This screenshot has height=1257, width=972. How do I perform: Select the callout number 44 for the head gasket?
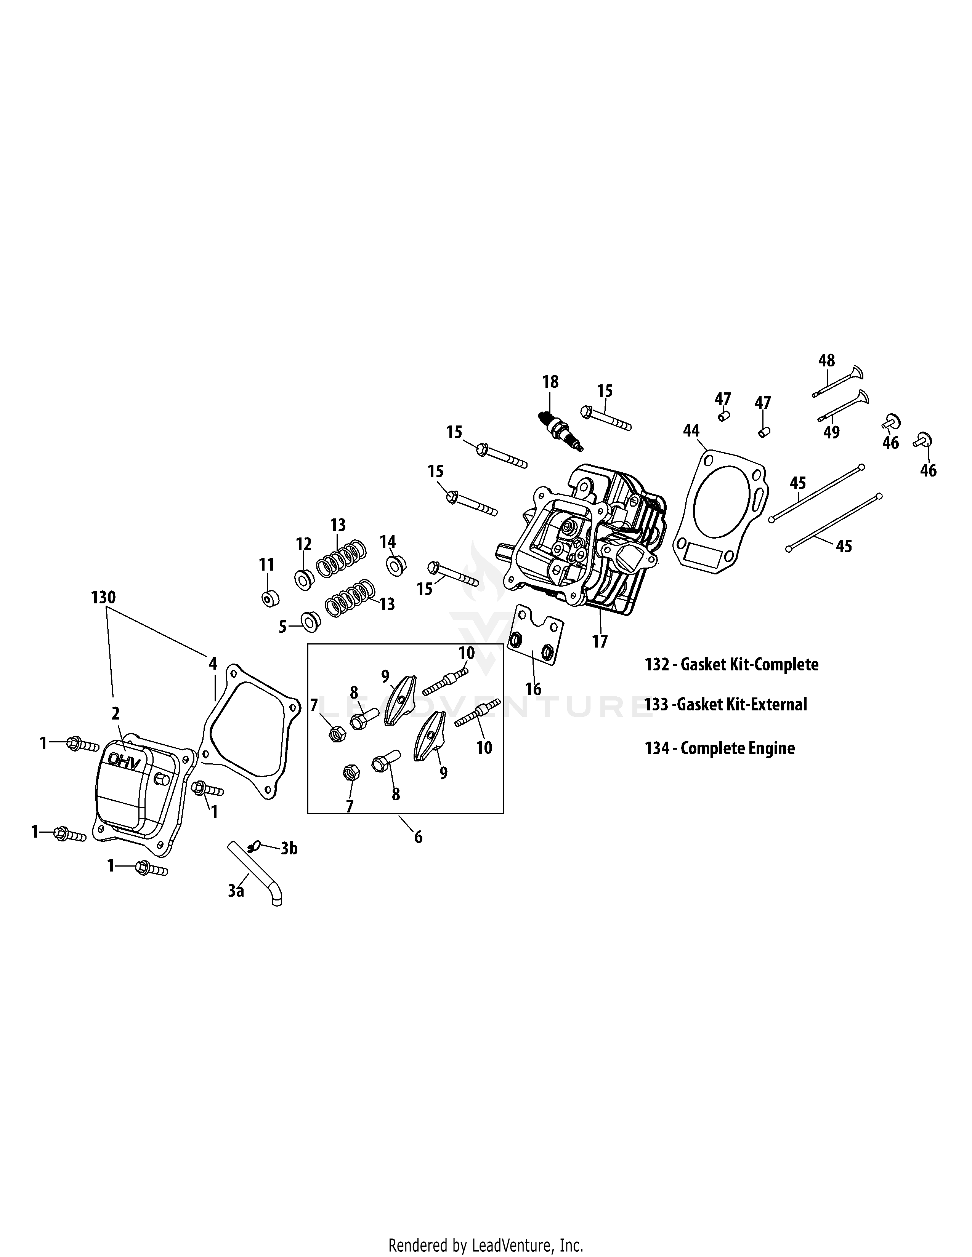pyautogui.click(x=691, y=430)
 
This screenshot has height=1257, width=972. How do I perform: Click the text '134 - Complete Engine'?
pyautogui.click(x=720, y=748)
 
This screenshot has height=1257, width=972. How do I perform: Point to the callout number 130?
pyautogui.click(x=104, y=597)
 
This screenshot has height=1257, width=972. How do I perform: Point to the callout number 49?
pyautogui.click(x=831, y=432)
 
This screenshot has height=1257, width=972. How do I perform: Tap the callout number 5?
pyautogui.click(x=282, y=627)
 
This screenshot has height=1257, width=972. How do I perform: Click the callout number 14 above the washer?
pyautogui.click(x=388, y=542)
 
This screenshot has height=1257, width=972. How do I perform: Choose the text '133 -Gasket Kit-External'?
pyautogui.click(x=725, y=704)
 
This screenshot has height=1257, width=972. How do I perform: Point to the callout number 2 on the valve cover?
pyautogui.click(x=116, y=714)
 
